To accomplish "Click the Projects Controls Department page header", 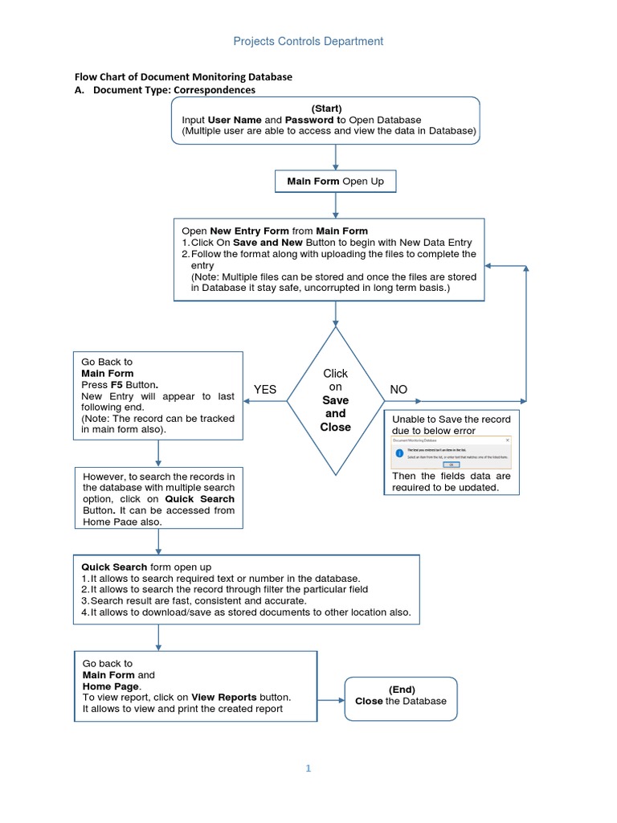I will click(x=308, y=41).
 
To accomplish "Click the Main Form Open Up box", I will click(x=335, y=182).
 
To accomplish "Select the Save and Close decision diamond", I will click(x=335, y=400).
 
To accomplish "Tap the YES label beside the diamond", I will click(x=265, y=390).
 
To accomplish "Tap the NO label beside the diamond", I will click(x=398, y=390).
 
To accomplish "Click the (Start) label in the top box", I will click(x=326, y=109).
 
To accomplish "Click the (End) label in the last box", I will click(x=401, y=690).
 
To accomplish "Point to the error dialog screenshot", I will click(x=451, y=453).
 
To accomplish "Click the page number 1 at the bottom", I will click(x=308, y=768).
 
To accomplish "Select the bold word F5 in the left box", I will click(x=117, y=385).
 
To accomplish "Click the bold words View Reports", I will click(x=219, y=697).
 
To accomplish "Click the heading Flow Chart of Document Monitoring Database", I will click(x=183, y=77).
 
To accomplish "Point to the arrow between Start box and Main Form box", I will click(x=335, y=158).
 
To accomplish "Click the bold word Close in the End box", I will click(x=369, y=701).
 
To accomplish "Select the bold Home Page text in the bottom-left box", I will click(x=111, y=686).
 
